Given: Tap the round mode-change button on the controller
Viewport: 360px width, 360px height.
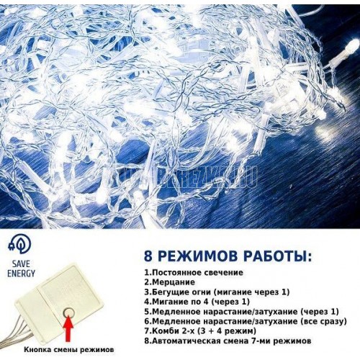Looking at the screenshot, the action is (x=68, y=312).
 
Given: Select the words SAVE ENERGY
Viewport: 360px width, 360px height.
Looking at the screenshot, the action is (x=21, y=269).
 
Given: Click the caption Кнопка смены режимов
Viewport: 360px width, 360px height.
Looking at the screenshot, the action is (x=68, y=350).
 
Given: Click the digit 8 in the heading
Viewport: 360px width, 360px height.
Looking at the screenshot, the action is (x=148, y=256).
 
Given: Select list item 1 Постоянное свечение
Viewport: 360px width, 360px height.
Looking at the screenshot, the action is (x=194, y=273).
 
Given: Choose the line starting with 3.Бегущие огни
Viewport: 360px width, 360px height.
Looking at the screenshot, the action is (x=217, y=292).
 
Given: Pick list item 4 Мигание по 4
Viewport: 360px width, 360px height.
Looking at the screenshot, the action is (x=197, y=302).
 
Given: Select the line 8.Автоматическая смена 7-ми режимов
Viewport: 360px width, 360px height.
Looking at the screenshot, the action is (x=228, y=341).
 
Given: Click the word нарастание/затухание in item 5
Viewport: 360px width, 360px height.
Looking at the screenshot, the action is (x=251, y=312).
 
